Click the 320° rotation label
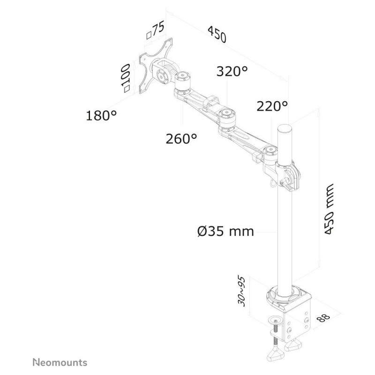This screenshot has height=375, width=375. coord(232,71)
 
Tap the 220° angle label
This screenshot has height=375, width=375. coord(272,106)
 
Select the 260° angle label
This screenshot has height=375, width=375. coord(181,138)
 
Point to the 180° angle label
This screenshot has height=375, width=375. coord(101,115)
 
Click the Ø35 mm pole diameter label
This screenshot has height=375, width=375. coord(225,232)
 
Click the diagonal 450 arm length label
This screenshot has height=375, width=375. coord(217,34)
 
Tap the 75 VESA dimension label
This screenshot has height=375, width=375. coord(156,30)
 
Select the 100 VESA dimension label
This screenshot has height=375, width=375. coord(125,78)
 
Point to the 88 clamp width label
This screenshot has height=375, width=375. coord(323,318)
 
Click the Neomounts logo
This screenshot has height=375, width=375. coord(60,362)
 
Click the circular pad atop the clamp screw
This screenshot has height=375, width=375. coord(276,320)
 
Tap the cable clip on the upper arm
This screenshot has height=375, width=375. coord(211,102)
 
